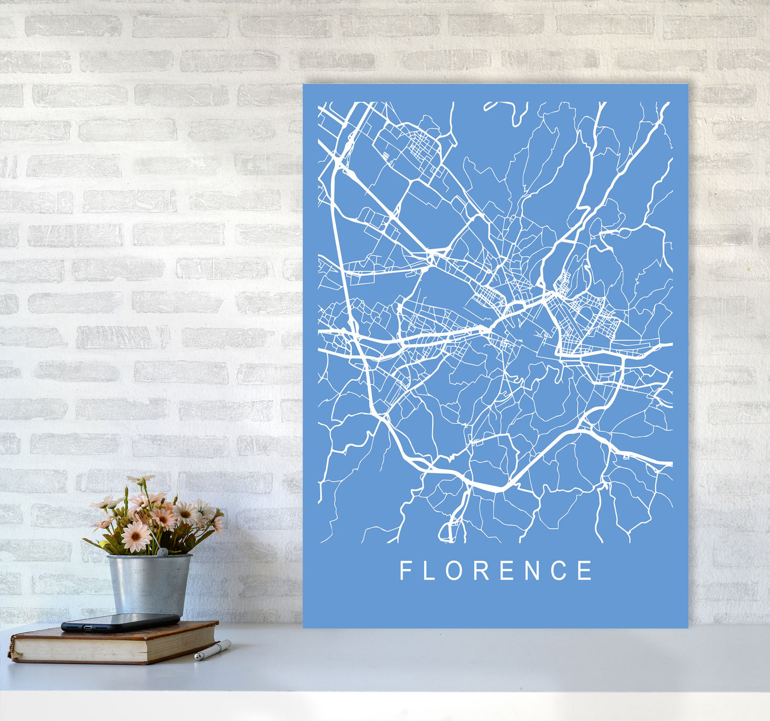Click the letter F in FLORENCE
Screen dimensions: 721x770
point(405,570)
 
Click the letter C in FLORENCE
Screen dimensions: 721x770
point(560,570)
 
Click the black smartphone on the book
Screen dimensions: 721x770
point(120,622)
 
